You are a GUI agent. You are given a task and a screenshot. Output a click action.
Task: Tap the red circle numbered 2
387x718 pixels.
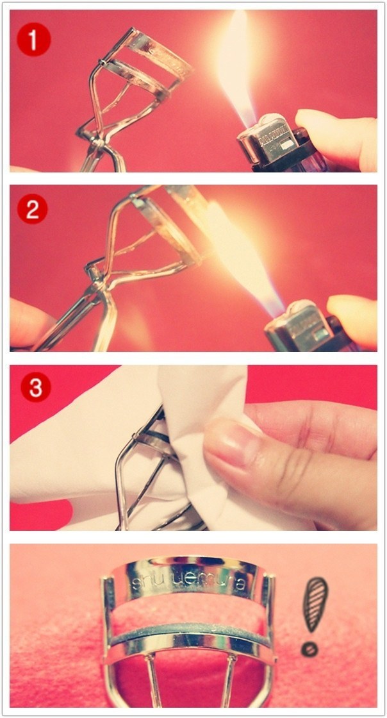pyautogui.click(x=33, y=209)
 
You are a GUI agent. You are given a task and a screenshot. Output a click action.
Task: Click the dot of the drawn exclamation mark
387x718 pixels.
pyautogui.click(x=309, y=649)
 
